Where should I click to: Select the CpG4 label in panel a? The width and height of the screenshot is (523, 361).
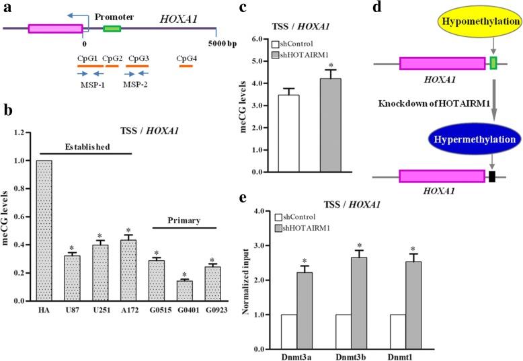186,58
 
